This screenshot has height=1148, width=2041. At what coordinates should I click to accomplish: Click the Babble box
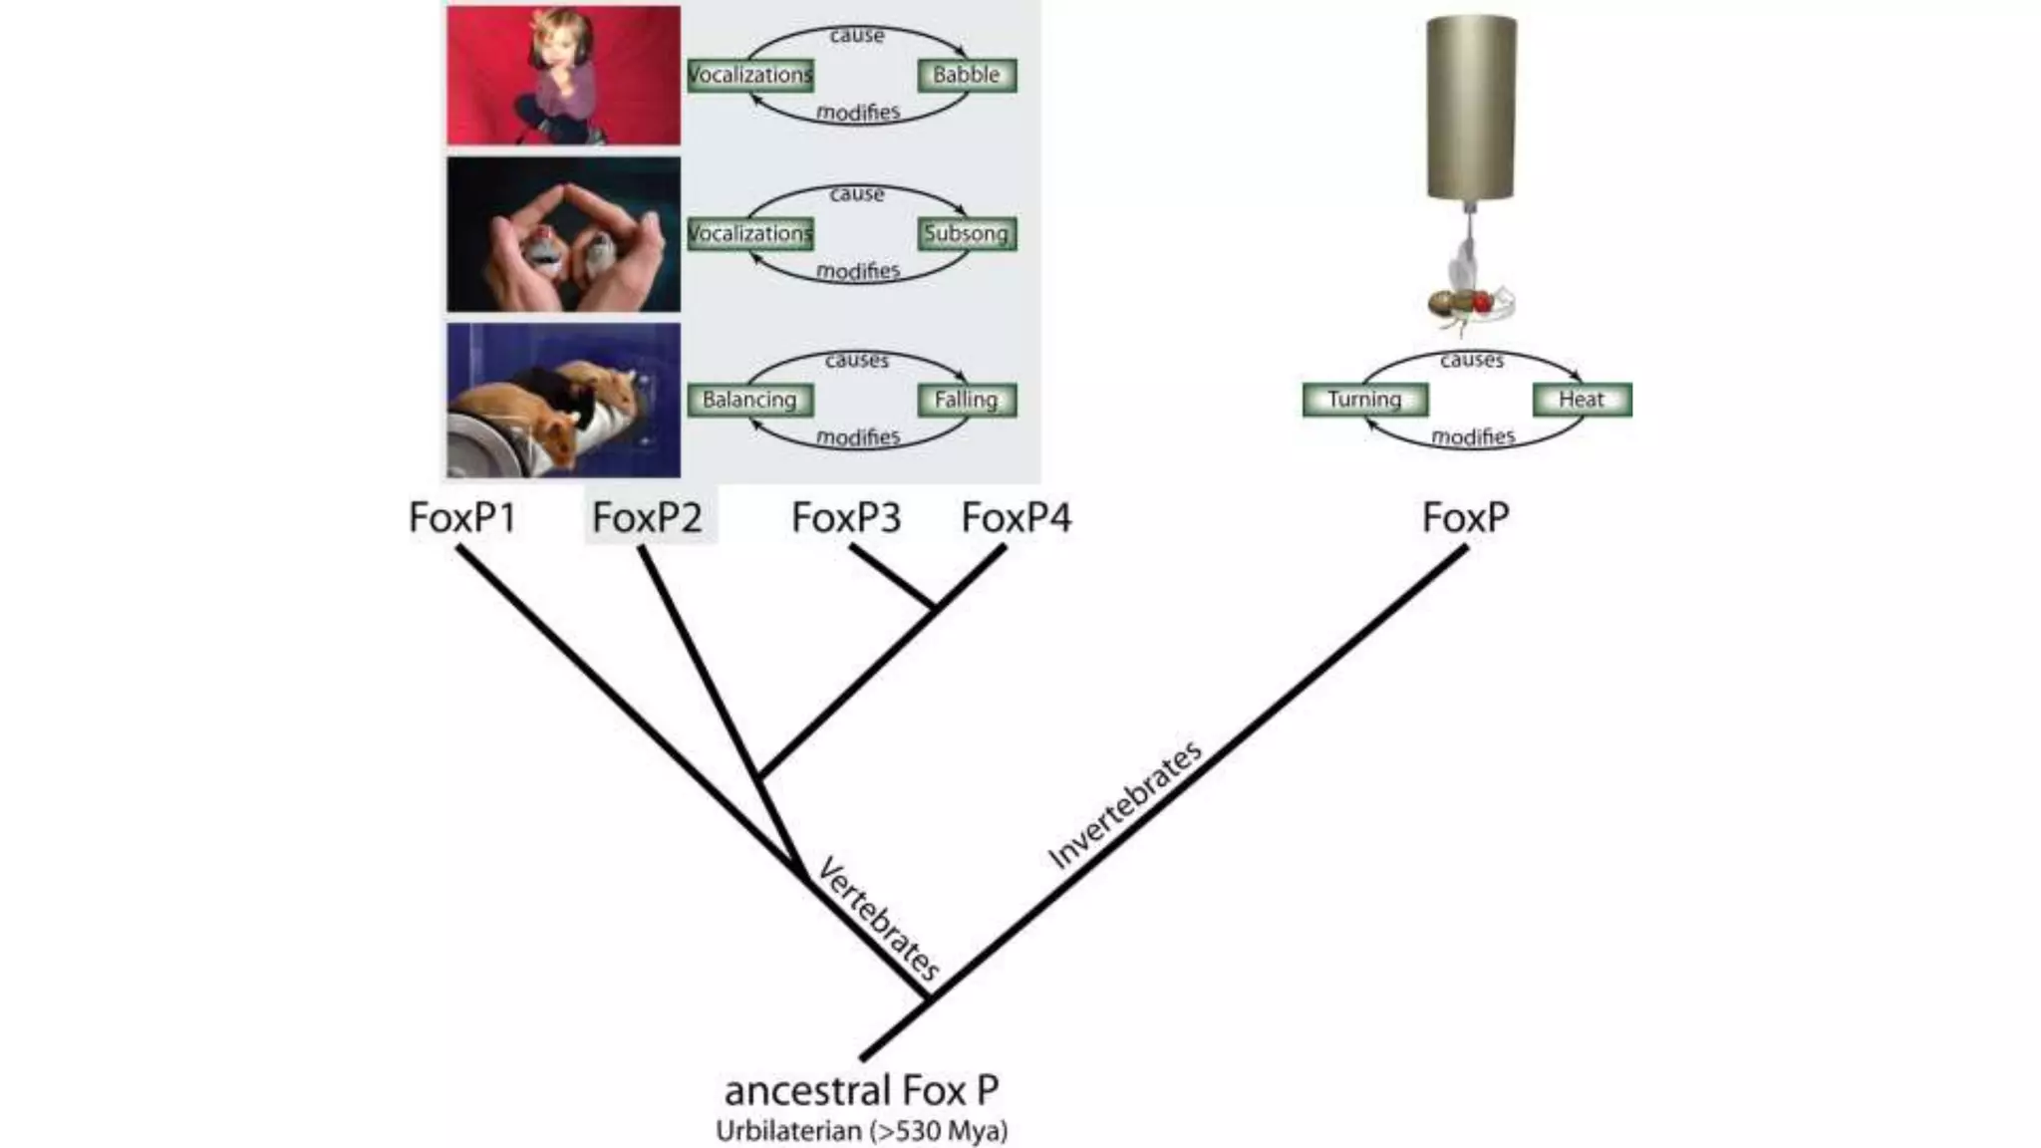tap(966, 75)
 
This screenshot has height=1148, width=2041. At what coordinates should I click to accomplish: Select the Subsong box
tap(966, 234)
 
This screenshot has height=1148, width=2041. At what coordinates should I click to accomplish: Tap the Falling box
tap(966, 400)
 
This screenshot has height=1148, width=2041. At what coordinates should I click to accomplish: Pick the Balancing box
tap(749, 400)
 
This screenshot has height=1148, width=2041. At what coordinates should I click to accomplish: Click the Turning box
tap(1364, 400)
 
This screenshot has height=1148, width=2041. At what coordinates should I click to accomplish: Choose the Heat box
tap(1581, 400)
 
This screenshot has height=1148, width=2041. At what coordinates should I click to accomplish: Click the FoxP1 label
tap(462, 517)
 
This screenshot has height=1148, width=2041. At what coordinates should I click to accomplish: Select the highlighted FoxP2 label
tap(648, 517)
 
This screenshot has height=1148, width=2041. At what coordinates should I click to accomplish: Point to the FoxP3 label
tap(846, 517)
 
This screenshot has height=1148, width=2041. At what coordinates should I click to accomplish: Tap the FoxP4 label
tap(1017, 517)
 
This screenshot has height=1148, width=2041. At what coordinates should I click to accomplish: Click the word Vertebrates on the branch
tap(878, 918)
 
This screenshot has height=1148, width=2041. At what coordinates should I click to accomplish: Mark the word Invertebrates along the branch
tap(1125, 805)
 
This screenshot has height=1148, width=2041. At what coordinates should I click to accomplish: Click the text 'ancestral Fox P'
tap(861, 1090)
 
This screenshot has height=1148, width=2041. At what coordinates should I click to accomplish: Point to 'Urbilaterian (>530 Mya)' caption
tap(861, 1131)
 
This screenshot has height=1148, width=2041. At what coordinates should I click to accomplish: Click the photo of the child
tap(563, 76)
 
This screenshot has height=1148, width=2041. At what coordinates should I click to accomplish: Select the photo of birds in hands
tap(563, 234)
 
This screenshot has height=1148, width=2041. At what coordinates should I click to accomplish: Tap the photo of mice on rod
tap(563, 400)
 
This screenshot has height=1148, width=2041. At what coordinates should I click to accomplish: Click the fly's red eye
tap(1482, 300)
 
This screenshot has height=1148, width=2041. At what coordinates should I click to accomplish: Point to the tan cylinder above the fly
tap(1471, 107)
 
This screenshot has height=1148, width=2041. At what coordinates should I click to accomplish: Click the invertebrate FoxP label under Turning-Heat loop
tap(1465, 517)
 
